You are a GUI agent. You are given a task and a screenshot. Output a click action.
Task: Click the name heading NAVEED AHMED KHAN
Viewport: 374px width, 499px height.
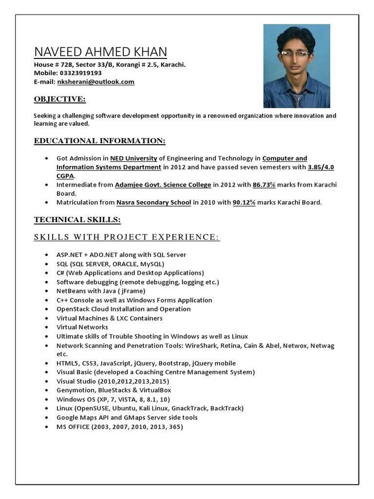[x=100, y=52]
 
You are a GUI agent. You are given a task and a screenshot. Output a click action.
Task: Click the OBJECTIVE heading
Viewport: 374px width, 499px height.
[x=59, y=99]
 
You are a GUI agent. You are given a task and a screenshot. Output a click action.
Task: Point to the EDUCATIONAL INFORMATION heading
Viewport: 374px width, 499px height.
[x=99, y=141]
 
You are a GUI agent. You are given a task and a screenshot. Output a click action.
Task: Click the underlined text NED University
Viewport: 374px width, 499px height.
[x=133, y=158]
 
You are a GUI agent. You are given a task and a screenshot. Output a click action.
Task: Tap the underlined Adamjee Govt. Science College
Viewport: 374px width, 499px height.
[x=163, y=185]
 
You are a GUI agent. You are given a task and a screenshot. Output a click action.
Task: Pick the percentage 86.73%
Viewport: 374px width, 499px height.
[x=264, y=185]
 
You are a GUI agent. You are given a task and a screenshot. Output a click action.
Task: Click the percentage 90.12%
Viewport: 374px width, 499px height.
[x=244, y=203]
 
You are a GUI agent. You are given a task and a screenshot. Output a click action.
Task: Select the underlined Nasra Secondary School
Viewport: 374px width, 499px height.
[x=153, y=203]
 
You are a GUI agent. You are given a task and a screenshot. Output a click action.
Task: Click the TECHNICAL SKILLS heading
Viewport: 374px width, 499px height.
[x=77, y=220]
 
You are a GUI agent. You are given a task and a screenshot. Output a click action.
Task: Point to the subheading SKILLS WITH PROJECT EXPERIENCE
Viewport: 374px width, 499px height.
[x=127, y=237]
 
